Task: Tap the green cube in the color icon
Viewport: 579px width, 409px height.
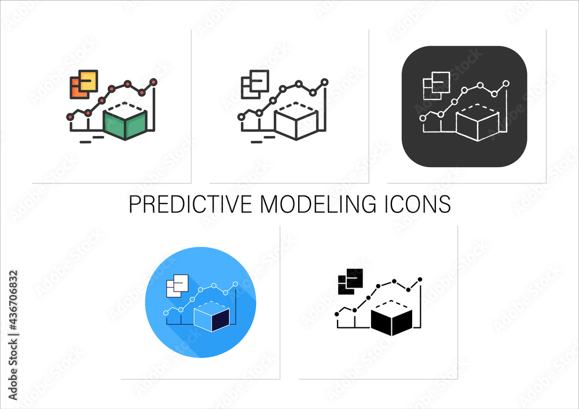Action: point(125,121)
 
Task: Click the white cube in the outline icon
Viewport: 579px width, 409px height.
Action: point(296,121)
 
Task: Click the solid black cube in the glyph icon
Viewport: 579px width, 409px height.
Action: point(391,318)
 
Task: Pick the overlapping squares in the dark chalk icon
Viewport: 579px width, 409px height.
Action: point(436,84)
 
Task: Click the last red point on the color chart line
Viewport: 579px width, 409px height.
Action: point(153,82)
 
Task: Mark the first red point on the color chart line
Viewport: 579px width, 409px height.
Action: point(70,116)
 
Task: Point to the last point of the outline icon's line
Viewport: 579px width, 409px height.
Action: point(324,82)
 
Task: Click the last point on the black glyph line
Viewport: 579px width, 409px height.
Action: point(420,279)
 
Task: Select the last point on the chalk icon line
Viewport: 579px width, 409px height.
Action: point(506,84)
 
